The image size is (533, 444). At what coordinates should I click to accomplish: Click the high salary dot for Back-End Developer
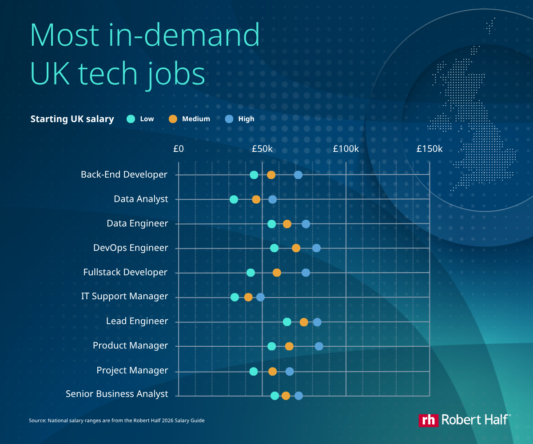tap(298, 175)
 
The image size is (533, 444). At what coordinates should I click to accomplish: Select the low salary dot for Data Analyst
tap(234, 199)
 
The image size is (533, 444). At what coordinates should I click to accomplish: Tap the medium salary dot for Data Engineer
tap(287, 224)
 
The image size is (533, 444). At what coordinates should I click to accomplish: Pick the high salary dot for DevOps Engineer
tap(316, 248)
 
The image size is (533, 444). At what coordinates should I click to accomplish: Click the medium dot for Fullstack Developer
tap(277, 273)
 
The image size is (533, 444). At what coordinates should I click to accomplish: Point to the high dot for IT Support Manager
tap(260, 297)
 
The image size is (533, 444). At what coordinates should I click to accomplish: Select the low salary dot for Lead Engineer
tap(287, 322)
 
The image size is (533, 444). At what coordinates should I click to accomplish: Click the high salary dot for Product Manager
tap(319, 346)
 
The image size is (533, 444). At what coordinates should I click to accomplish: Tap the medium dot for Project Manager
tap(272, 371)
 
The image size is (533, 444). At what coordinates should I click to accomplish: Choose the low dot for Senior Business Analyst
tap(274, 396)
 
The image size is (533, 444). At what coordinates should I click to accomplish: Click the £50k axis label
tap(262, 149)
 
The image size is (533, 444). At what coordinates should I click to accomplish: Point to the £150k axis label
tap(430, 149)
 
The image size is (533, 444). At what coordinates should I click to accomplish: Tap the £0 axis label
tap(179, 149)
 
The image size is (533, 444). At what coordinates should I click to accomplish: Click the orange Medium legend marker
tap(173, 119)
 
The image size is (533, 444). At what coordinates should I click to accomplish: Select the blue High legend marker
tap(229, 119)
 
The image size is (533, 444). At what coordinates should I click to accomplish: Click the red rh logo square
tap(428, 420)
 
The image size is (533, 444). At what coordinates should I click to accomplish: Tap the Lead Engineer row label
tap(137, 321)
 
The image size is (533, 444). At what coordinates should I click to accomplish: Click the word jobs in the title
tap(176, 74)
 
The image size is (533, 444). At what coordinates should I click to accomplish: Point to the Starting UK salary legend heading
tap(72, 119)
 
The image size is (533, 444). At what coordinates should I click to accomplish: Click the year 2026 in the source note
tap(167, 420)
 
